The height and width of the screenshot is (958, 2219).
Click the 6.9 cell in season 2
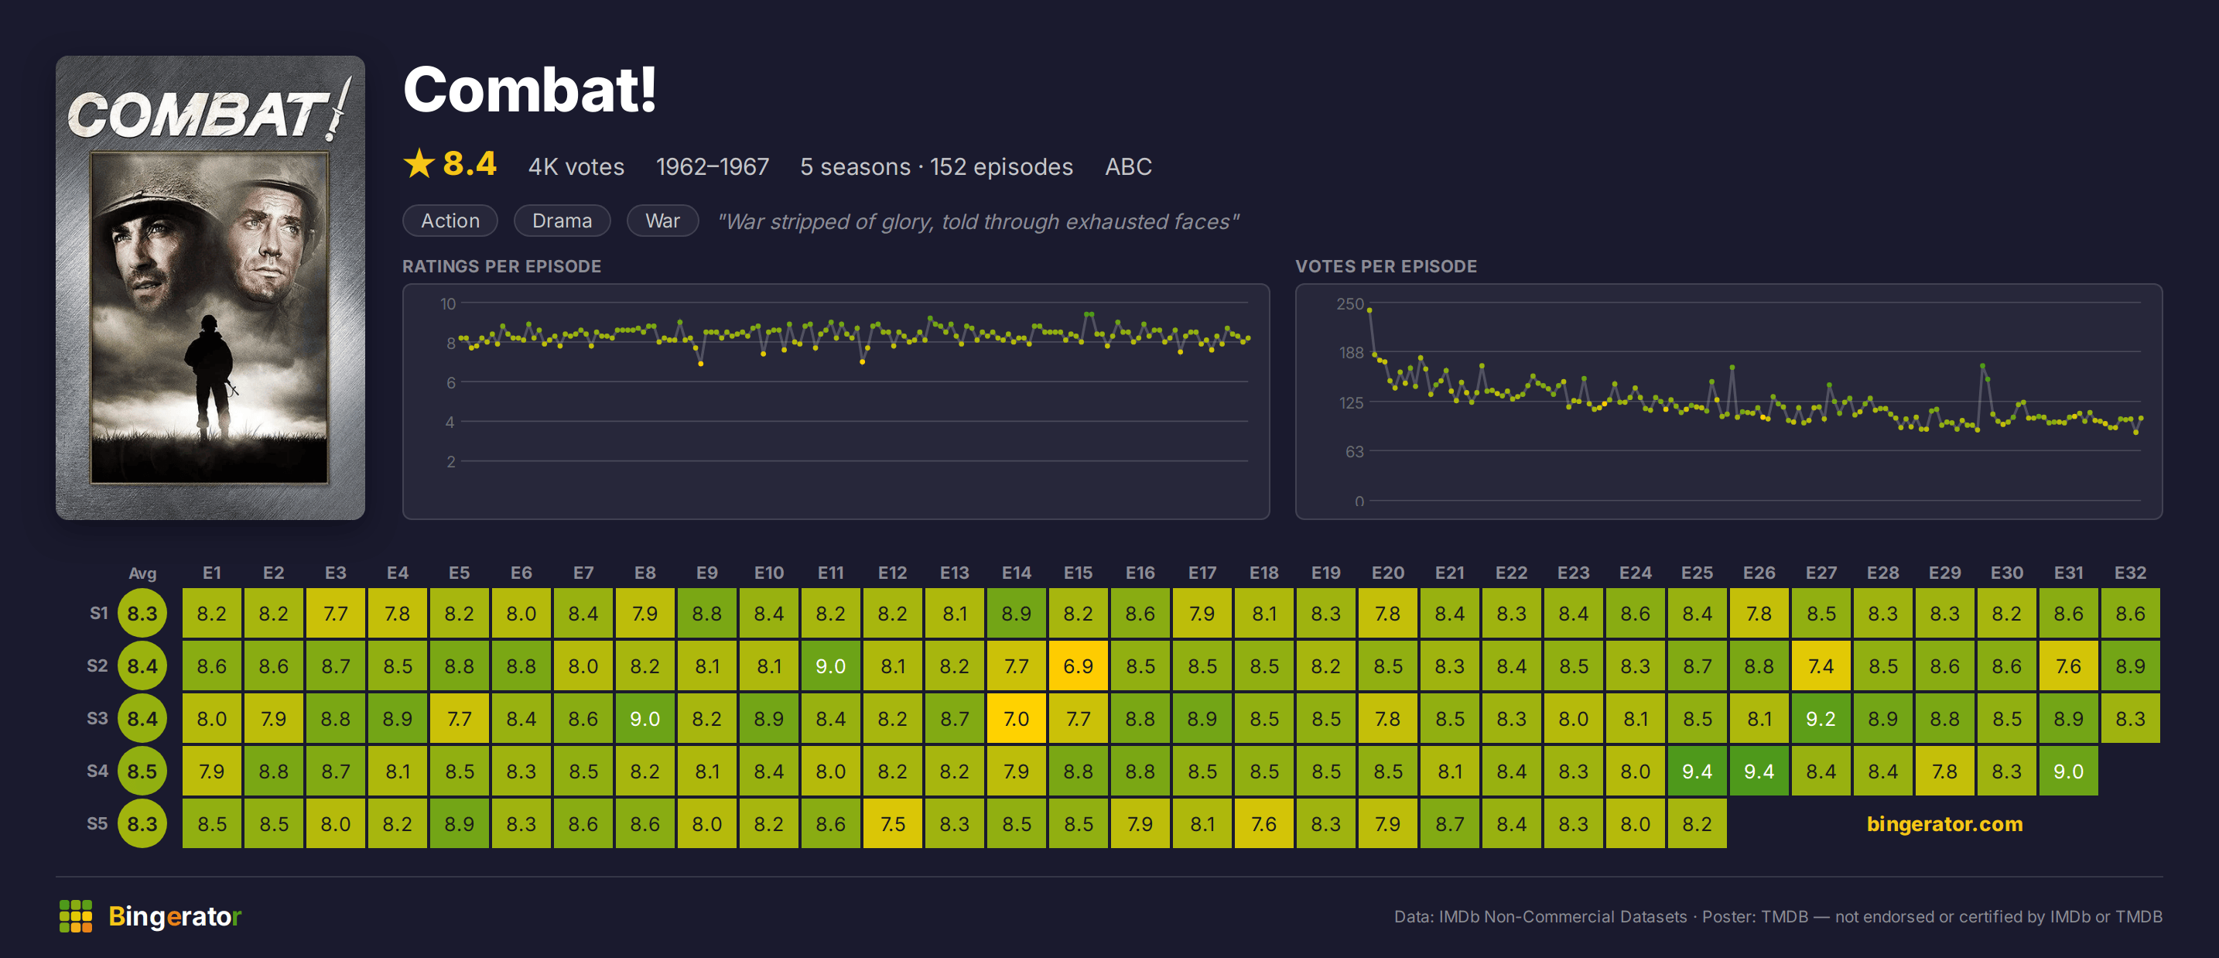[x=1078, y=666]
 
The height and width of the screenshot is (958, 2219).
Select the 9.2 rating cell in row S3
[x=1821, y=718]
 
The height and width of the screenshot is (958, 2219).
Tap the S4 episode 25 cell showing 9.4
[x=1697, y=771]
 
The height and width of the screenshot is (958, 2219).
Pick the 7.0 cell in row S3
[x=1017, y=718]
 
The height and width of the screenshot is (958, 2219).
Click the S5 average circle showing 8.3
[x=142, y=823]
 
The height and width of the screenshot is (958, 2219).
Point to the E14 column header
[x=1017, y=573]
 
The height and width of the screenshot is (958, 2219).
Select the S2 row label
[x=97, y=666]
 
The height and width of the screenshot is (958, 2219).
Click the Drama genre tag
[x=562, y=221]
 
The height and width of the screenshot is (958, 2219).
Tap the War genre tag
[x=662, y=221]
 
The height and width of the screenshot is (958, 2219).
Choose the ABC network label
[x=1128, y=166]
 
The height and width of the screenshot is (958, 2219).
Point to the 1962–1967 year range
[x=713, y=166]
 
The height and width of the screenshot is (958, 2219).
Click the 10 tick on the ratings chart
[x=448, y=303]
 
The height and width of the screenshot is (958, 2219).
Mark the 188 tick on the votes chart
[x=1351, y=352]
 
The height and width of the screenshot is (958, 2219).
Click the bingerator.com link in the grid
[x=1944, y=823]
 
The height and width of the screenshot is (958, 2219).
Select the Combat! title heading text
[x=530, y=90]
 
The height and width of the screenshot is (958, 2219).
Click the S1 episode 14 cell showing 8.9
[x=1017, y=614]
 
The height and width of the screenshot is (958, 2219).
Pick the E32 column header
[x=2129, y=573]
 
